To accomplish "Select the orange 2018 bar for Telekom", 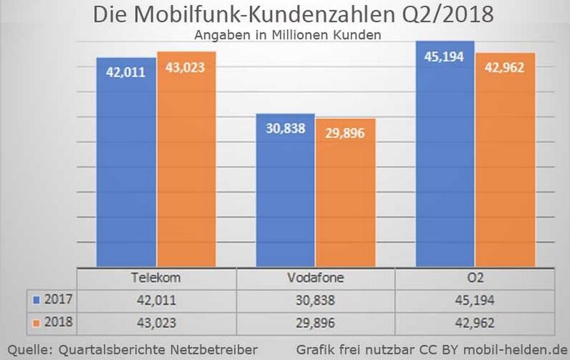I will (186, 160).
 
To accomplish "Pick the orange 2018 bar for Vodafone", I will (345, 193).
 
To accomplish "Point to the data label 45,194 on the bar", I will (445, 57).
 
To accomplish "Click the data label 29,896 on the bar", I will (345, 134).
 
